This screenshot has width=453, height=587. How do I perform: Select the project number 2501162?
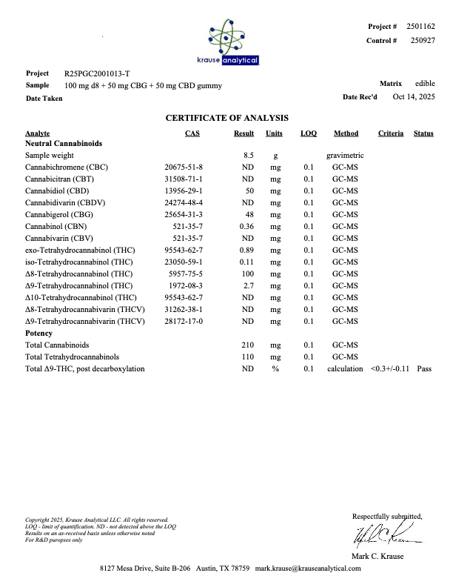click(420, 27)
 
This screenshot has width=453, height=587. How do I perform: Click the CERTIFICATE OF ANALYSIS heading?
click(226, 118)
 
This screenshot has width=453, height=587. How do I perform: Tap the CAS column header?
click(192, 133)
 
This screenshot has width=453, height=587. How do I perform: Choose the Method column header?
click(346, 133)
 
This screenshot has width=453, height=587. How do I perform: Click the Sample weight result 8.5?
click(249, 156)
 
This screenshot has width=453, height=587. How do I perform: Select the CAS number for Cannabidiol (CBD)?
click(184, 190)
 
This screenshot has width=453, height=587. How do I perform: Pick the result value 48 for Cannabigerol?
click(249, 214)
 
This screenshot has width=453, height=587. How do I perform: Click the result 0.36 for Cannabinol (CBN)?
click(247, 226)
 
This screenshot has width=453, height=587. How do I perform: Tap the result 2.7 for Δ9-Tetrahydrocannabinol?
click(249, 285)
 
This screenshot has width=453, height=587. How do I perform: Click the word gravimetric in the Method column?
click(345, 156)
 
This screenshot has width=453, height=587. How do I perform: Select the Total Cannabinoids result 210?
click(248, 345)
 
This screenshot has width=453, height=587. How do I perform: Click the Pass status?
click(423, 368)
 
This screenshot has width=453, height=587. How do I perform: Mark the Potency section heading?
click(38, 334)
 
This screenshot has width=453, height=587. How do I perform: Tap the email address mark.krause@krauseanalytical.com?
click(308, 568)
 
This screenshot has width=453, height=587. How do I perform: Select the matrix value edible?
click(425, 84)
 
